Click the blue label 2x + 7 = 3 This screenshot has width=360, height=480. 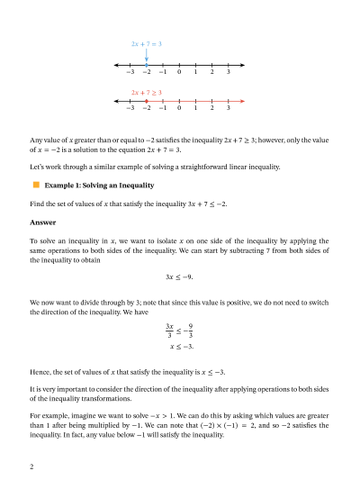[146, 43]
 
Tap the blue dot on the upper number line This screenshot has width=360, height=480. [147, 65]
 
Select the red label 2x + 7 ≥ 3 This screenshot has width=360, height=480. [146, 91]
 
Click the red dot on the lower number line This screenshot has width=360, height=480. [147, 101]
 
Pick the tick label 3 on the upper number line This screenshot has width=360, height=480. [229, 72]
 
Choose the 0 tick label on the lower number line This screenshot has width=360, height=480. [179, 108]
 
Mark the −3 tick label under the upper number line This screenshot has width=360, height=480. [130, 72]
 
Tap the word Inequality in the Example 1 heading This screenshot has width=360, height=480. [135, 186]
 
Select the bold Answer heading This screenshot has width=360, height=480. [43, 222]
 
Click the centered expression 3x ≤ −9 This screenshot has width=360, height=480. [180, 277]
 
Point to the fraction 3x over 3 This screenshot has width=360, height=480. [169, 330]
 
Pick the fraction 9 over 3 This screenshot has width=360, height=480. [191, 330]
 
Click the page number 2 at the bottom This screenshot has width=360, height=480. [31, 466]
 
